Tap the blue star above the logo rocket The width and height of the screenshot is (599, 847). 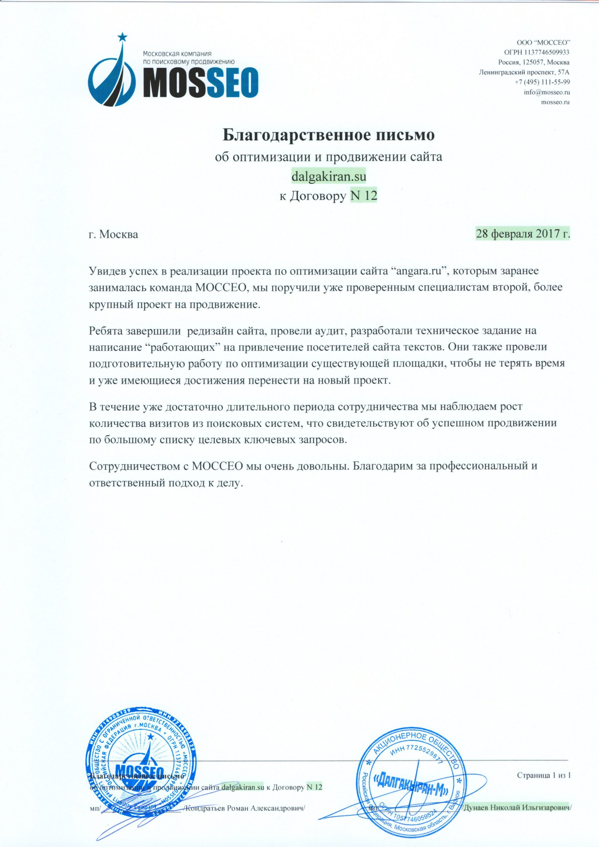(122, 37)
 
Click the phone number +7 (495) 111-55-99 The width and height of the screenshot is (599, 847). (542, 82)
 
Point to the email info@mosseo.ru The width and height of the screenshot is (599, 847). (547, 92)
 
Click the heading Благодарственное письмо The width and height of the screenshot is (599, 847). (329, 135)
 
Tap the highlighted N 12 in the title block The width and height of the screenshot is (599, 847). (363, 196)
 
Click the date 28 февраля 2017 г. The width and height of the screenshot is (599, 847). (523, 234)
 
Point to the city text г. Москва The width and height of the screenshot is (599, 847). (114, 235)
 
